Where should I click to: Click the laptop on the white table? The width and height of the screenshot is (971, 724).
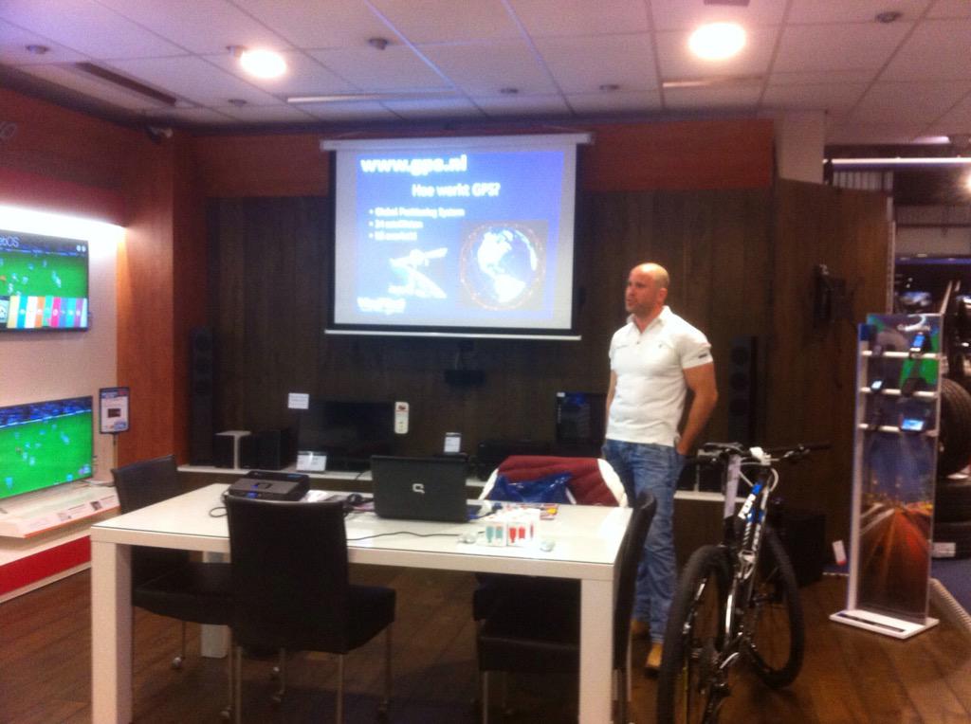tap(419, 487)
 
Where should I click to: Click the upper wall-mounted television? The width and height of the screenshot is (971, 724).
tap(44, 281)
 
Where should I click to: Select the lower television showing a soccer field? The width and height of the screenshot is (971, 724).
tap(46, 445)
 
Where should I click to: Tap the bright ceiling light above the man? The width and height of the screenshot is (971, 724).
tap(716, 41)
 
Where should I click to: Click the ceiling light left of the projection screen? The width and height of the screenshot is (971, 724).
tap(262, 63)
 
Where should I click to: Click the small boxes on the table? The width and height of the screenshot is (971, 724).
tap(510, 527)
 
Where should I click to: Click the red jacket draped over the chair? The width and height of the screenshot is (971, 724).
tap(560, 479)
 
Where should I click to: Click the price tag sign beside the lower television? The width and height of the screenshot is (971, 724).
tap(114, 409)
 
